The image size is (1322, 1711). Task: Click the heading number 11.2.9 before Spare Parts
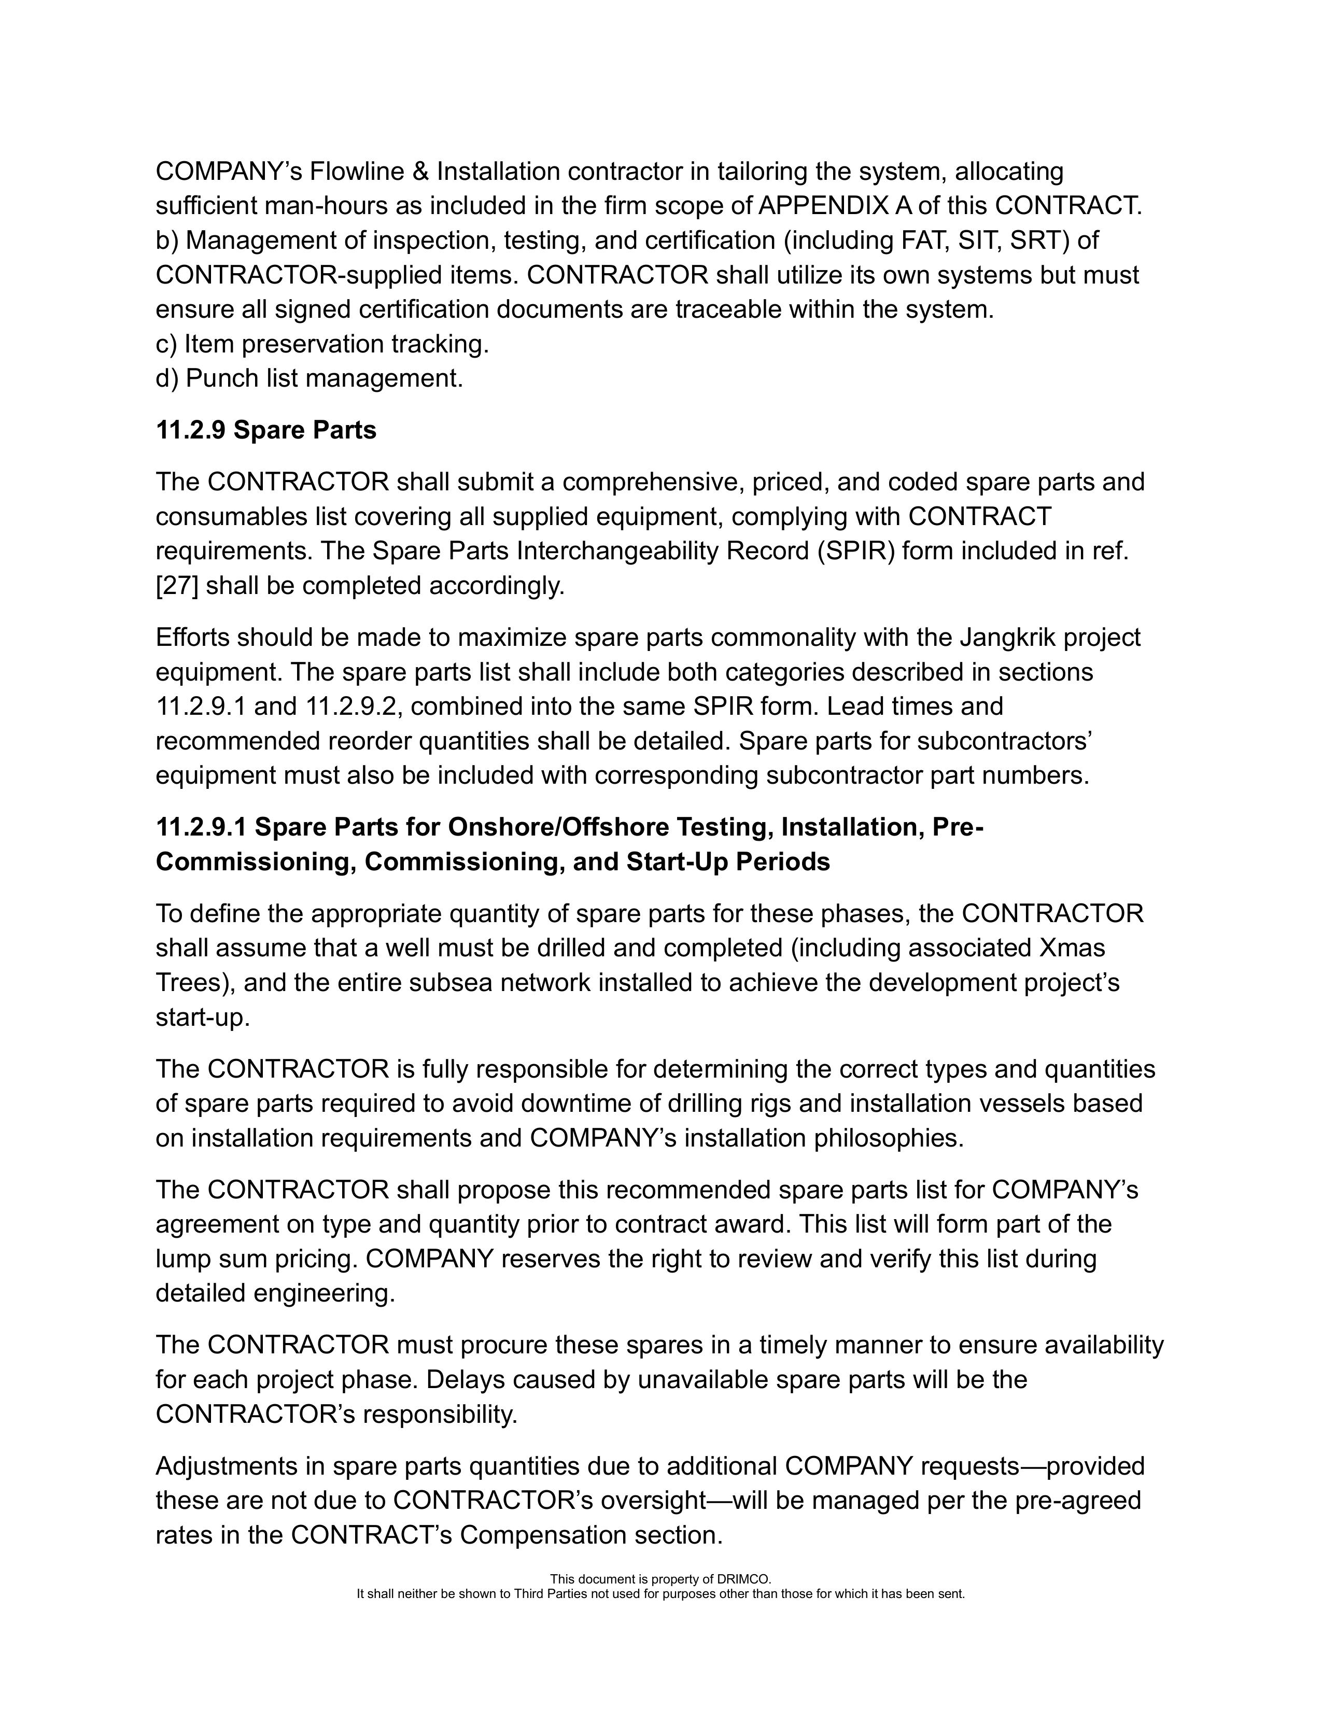[x=190, y=430]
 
